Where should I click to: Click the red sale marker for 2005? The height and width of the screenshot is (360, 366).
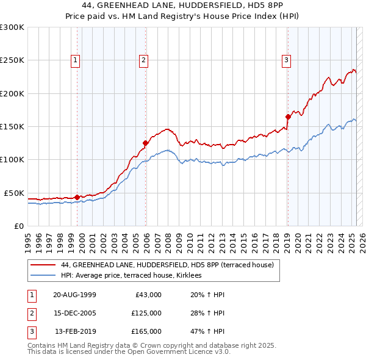146,143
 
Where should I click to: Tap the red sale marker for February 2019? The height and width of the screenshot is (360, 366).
287,117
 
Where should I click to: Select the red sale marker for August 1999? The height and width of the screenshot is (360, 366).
77,197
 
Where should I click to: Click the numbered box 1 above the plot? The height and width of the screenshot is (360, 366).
74,60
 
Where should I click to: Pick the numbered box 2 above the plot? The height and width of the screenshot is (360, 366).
143,60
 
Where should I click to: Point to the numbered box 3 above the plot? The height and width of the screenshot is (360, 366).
285,60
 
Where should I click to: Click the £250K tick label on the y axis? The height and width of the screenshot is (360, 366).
12,60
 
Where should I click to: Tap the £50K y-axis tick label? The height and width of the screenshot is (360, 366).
14,193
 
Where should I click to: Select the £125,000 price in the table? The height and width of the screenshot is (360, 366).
146,313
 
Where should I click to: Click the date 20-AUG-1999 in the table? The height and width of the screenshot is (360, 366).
74,295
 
